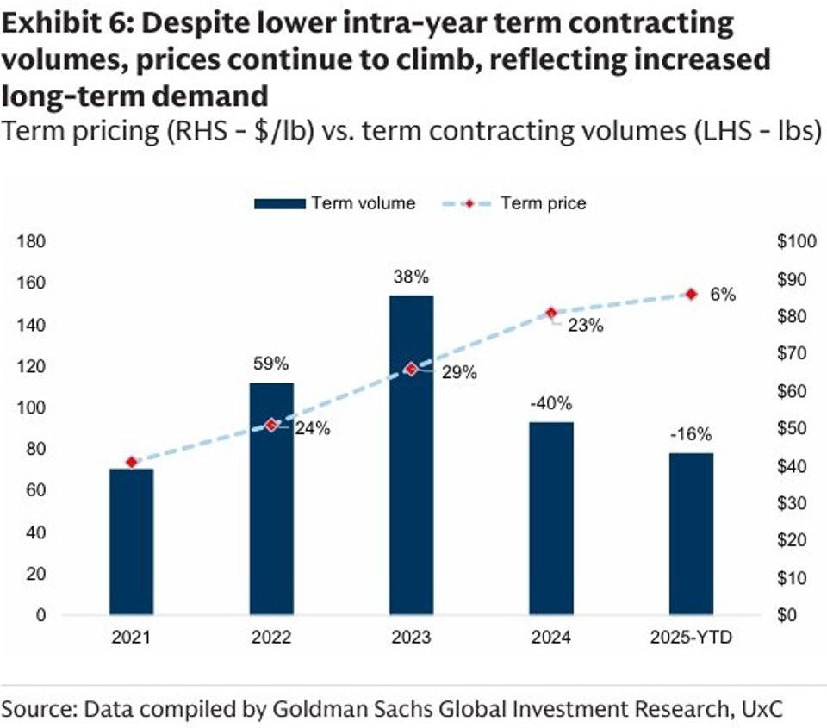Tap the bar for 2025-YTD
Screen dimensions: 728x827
coord(691,534)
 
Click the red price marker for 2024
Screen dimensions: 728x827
coord(551,313)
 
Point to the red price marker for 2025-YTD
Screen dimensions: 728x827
coord(691,295)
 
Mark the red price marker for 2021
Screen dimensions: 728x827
coord(131,463)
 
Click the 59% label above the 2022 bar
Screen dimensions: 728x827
coord(271,364)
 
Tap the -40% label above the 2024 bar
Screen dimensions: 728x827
coord(551,403)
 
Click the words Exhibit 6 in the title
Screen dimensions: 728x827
coord(65,24)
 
